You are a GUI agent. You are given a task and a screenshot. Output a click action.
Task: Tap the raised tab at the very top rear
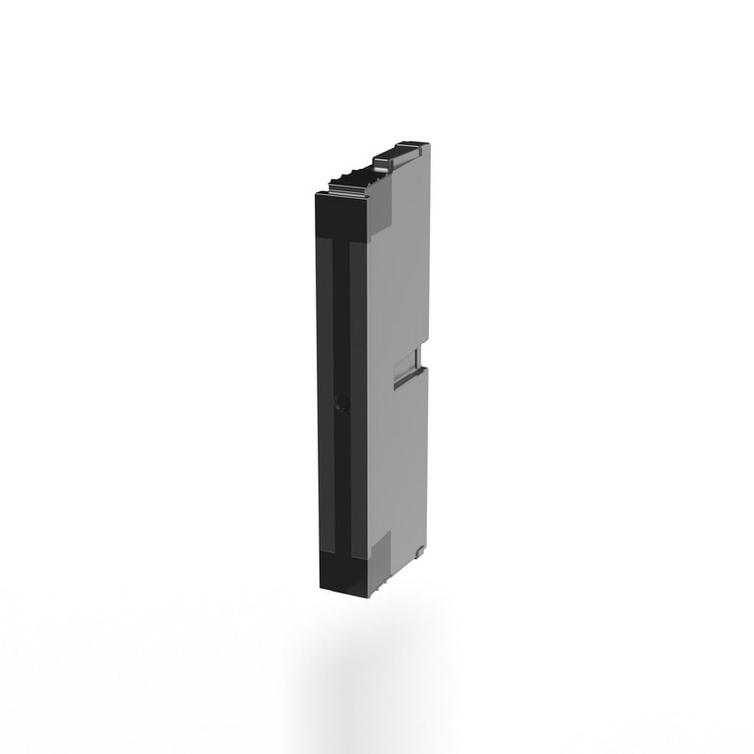403,150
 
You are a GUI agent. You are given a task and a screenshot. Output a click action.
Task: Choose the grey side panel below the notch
402,452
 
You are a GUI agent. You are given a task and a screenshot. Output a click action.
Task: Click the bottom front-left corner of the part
320,587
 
